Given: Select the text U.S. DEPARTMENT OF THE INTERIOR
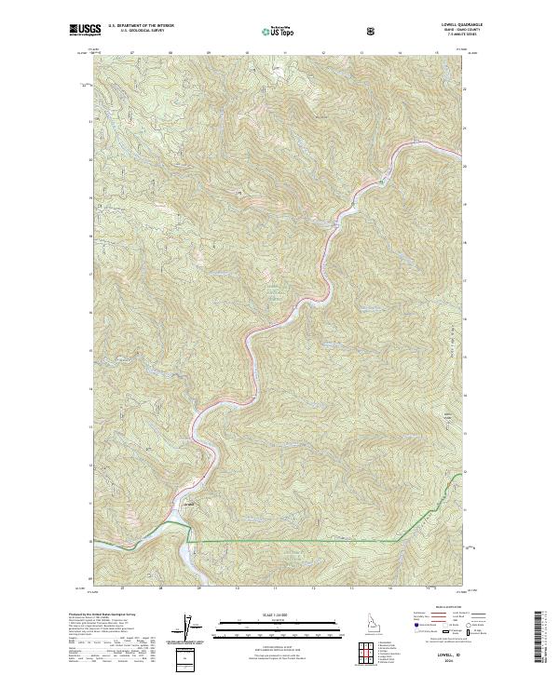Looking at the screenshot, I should (141, 27).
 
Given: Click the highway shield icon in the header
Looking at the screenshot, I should (374, 30).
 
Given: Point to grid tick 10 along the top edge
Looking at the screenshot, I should (247, 54).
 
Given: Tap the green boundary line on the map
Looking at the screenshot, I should (298, 541).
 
